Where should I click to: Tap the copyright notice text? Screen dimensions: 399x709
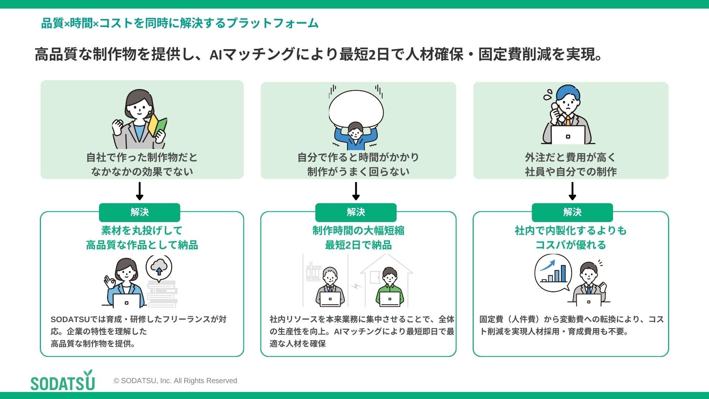[175, 381]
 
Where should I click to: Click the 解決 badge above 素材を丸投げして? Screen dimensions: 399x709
[140, 212]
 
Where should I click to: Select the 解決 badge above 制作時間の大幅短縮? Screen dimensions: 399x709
[356, 212]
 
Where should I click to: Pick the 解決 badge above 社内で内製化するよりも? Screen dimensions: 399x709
[572, 212]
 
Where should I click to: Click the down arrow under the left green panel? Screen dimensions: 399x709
[140, 191]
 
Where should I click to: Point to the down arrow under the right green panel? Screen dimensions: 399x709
[572, 191]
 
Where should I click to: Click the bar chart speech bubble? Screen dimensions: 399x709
[553, 273]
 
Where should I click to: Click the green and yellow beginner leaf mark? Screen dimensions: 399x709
[157, 124]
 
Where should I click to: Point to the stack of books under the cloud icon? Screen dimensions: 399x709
[162, 294]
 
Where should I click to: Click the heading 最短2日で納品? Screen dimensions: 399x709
[358, 245]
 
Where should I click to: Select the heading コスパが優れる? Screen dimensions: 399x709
[571, 245]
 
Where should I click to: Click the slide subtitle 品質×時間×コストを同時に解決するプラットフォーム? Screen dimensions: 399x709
[179, 23]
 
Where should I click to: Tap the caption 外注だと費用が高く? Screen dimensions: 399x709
[571, 157]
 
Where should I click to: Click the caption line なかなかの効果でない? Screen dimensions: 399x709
[142, 171]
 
